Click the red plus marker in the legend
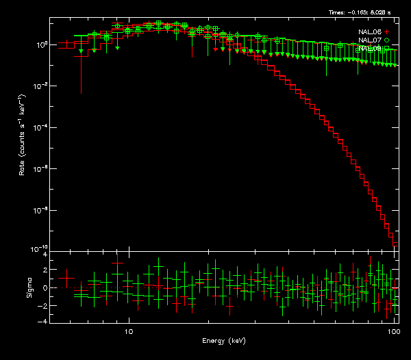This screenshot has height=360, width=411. point(386,32)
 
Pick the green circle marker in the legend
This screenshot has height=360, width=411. point(386,40)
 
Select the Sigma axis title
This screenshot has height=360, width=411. point(28,287)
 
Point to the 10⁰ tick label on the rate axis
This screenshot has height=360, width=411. point(41,44)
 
